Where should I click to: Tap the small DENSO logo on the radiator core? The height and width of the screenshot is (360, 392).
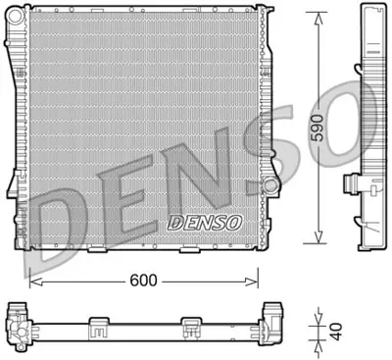pos(202,222)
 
